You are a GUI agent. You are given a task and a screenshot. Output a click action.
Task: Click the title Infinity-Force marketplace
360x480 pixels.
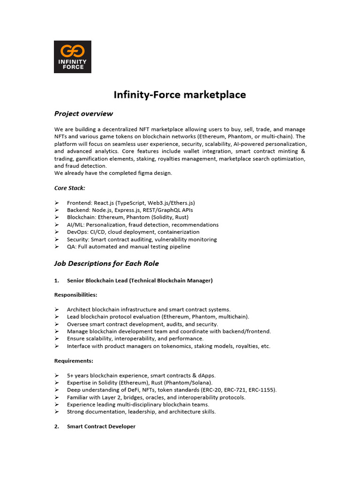tap(180, 95)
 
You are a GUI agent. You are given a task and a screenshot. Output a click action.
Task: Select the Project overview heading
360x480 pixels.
tap(83, 113)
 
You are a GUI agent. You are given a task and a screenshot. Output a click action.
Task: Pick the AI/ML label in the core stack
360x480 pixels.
tap(75, 225)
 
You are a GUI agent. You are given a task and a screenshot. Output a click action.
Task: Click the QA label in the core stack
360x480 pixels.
tap(71, 247)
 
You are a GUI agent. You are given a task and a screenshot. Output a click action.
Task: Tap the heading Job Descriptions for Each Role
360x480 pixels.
tap(106, 263)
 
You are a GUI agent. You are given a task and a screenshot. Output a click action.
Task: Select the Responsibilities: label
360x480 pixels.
tap(76, 295)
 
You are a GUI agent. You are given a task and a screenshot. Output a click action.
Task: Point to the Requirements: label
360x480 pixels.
tap(74, 361)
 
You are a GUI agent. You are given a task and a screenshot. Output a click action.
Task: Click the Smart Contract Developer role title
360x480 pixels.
tap(101, 427)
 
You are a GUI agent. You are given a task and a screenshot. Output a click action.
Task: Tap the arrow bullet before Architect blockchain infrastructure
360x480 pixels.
tap(56, 309)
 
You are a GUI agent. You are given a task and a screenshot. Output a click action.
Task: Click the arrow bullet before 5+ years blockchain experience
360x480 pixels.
tap(56, 375)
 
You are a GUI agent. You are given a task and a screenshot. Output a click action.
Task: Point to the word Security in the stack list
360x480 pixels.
tap(78, 240)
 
